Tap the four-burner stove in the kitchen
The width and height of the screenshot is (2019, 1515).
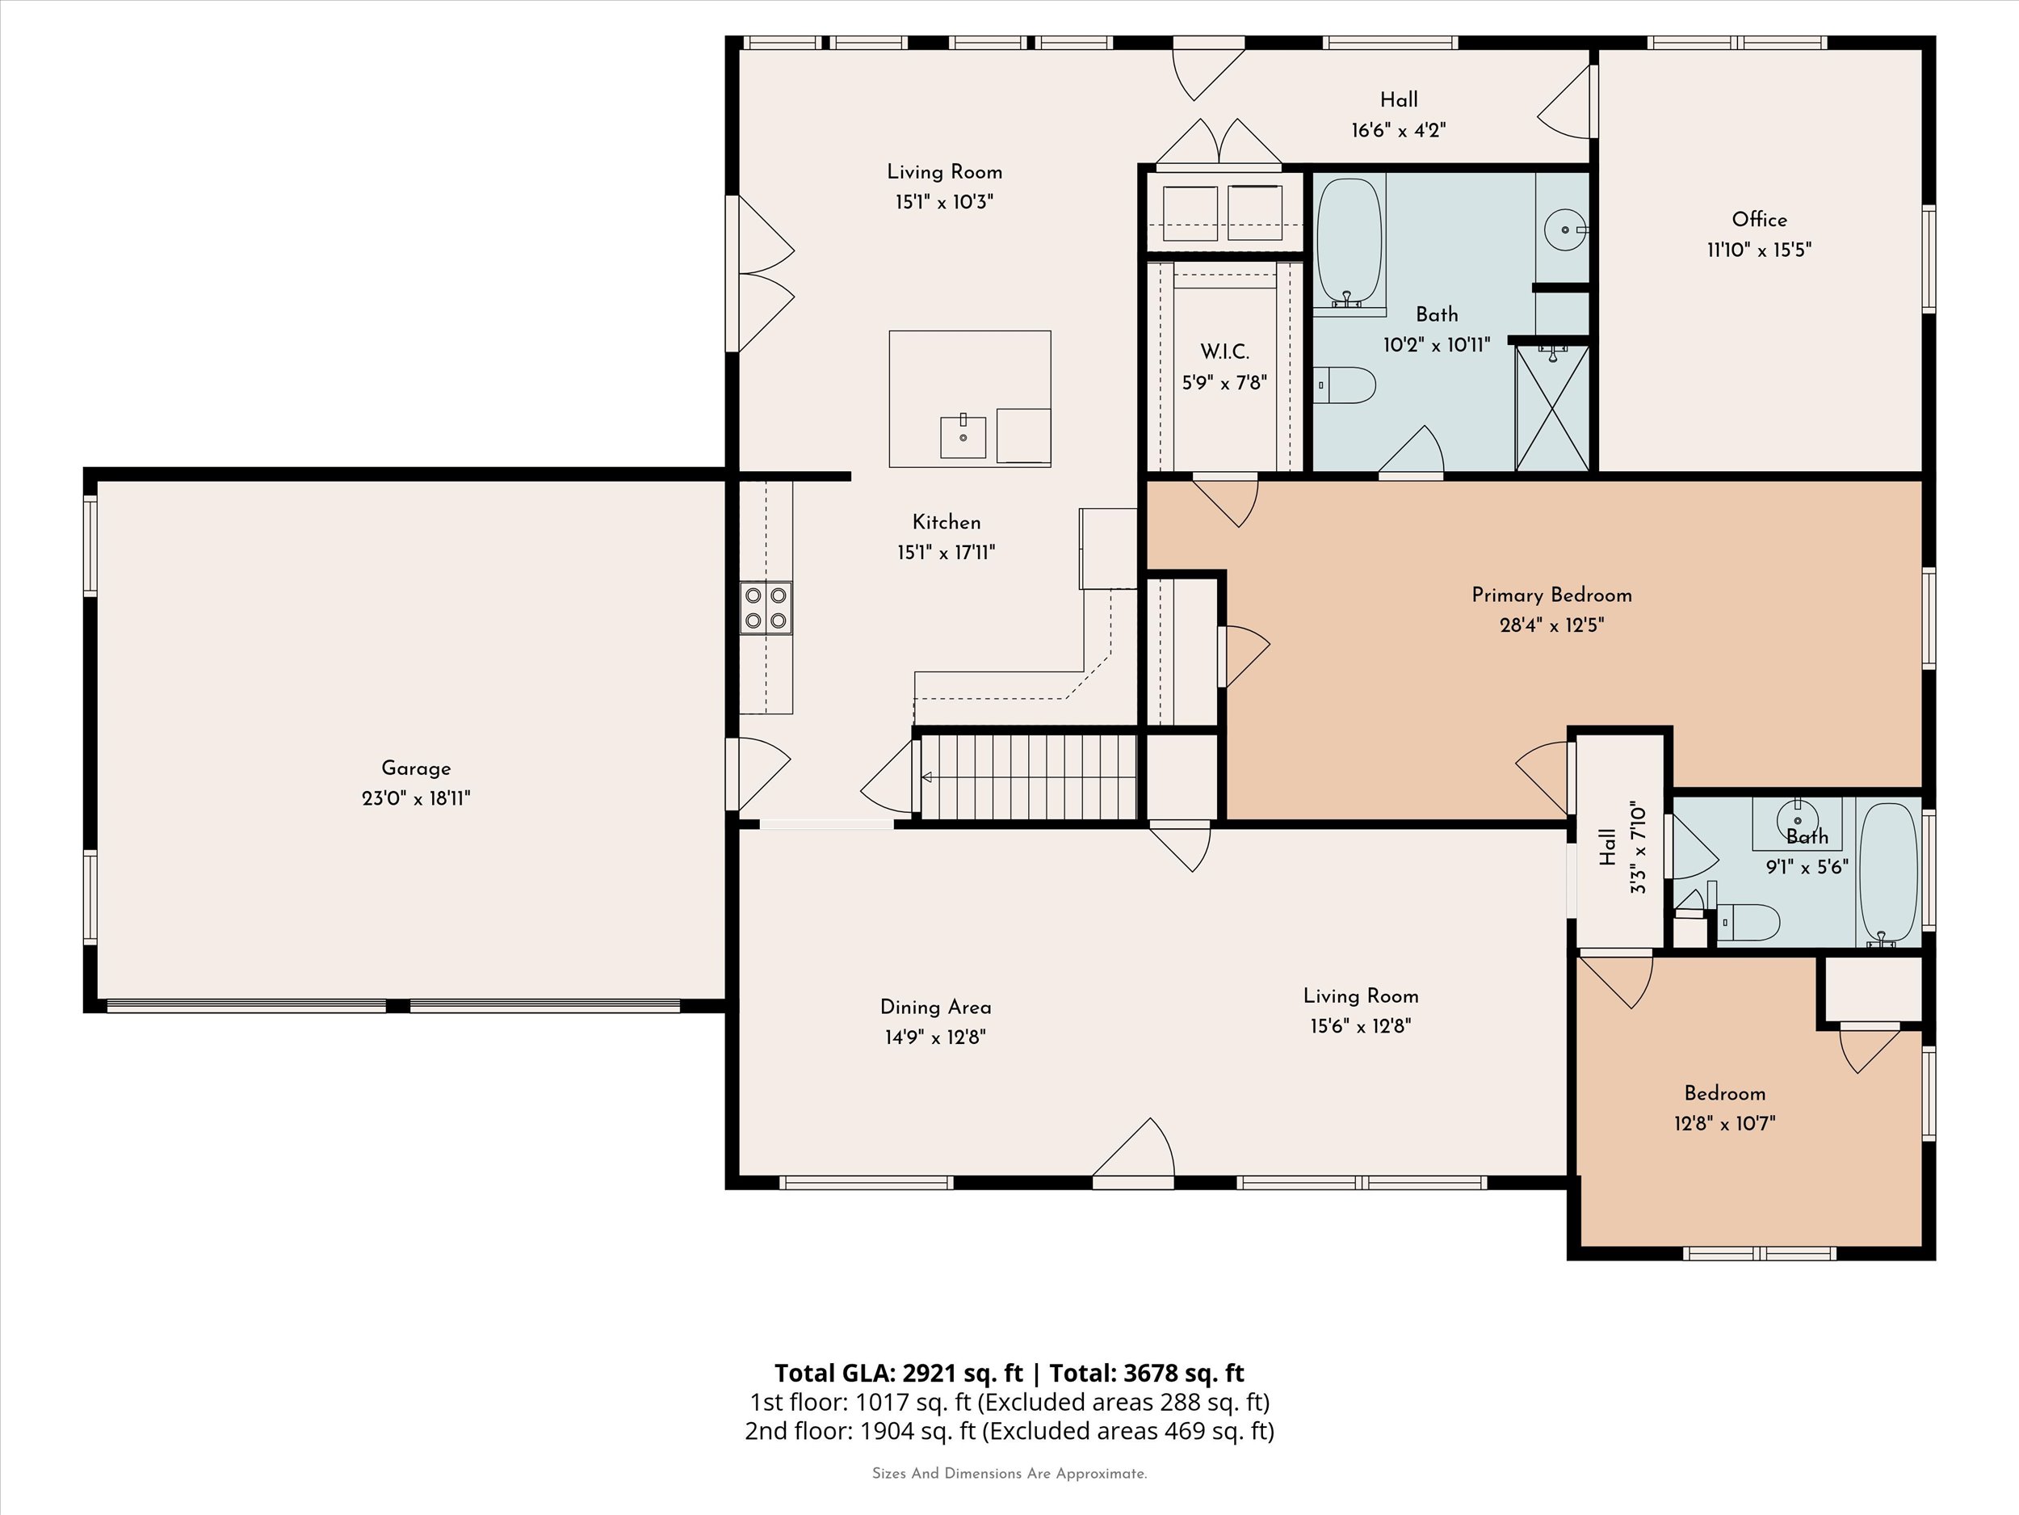pyautogui.click(x=766, y=608)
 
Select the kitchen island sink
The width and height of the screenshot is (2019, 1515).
pyautogui.click(x=963, y=437)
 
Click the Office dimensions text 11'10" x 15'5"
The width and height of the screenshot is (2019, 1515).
pyautogui.click(x=1759, y=250)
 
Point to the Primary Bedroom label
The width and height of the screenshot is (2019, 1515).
pyautogui.click(x=1551, y=595)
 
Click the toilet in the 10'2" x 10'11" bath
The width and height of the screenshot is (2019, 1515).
pyautogui.click(x=1345, y=385)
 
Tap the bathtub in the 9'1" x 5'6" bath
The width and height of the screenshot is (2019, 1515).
pyautogui.click(x=1888, y=872)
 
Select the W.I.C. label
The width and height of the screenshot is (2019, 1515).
pyautogui.click(x=1224, y=351)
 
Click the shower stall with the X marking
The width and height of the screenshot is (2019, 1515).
pyautogui.click(x=1551, y=408)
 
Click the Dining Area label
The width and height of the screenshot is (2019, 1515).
pyautogui.click(x=935, y=1008)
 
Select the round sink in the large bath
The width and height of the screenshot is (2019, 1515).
pyautogui.click(x=1564, y=229)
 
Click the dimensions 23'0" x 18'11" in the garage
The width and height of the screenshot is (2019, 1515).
pyautogui.click(x=416, y=799)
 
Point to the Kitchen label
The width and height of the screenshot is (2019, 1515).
pyautogui.click(x=947, y=522)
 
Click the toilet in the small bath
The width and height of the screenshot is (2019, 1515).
pyautogui.click(x=1747, y=923)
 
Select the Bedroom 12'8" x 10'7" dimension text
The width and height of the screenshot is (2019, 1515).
pyautogui.click(x=1724, y=1123)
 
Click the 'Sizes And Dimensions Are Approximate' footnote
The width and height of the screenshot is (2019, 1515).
pyautogui.click(x=1009, y=1473)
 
